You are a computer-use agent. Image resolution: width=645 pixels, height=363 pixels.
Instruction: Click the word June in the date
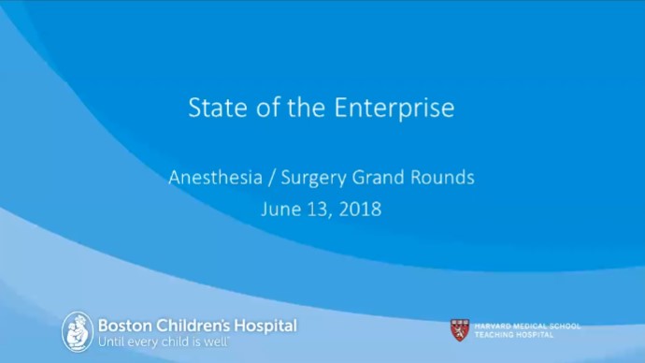click(x=279, y=210)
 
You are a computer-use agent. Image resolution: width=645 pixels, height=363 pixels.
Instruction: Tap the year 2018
click(x=361, y=210)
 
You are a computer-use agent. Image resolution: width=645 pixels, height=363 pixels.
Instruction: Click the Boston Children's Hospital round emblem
click(x=78, y=332)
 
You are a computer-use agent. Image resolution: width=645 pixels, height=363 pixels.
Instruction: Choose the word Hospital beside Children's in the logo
click(x=265, y=326)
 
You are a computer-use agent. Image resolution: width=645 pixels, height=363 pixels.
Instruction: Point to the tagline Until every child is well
click(x=164, y=342)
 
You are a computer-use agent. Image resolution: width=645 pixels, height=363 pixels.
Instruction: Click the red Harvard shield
click(x=459, y=329)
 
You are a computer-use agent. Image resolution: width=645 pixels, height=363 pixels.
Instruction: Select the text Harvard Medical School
click(x=527, y=326)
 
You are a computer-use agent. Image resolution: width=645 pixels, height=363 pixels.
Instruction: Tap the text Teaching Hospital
click(x=513, y=334)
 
